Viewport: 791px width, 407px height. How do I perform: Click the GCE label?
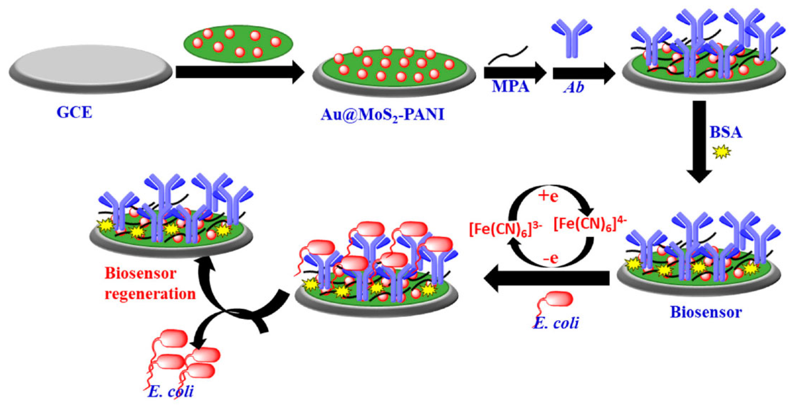coord(74,112)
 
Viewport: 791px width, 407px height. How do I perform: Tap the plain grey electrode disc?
coord(90,68)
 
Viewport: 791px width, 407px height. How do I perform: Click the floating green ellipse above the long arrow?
coord(238,44)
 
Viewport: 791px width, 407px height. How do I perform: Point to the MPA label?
coord(510,87)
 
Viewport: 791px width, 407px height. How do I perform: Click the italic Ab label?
coord(574,88)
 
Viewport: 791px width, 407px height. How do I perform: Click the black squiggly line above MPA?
coord(509,55)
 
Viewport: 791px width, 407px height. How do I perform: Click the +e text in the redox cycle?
coord(548,197)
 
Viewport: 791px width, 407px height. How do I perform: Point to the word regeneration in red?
coord(150,294)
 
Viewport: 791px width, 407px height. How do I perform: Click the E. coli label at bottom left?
coord(171,392)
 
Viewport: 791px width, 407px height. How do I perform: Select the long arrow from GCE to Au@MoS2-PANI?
coord(239,72)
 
